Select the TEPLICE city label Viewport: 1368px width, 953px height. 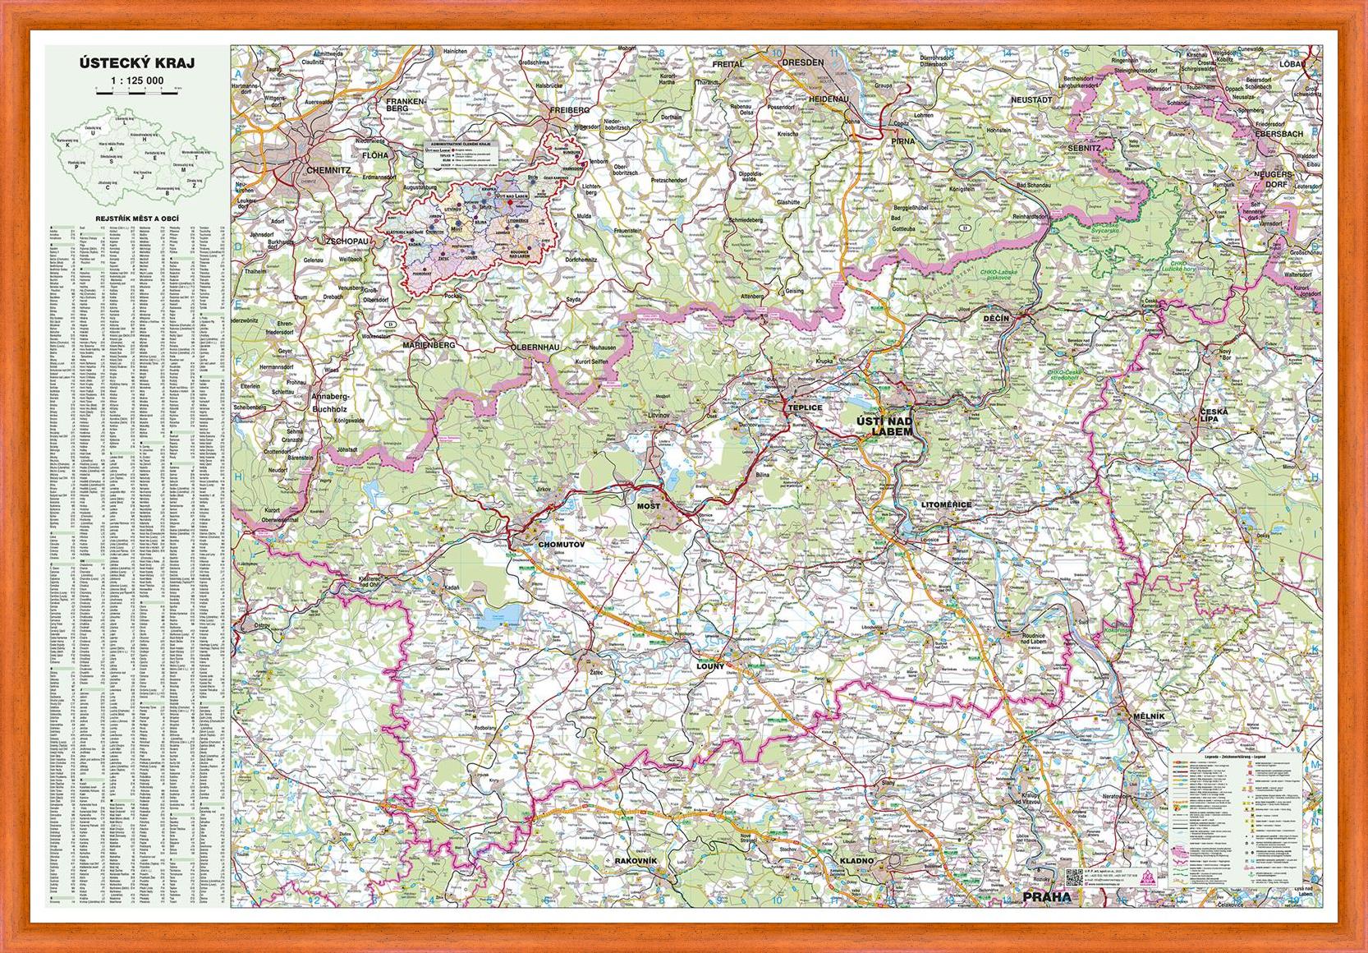point(804,407)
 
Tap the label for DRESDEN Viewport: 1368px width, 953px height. point(802,62)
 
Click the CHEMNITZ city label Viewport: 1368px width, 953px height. point(327,170)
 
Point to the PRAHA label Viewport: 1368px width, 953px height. point(1047,896)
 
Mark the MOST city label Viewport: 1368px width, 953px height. point(649,506)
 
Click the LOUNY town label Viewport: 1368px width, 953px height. point(710,666)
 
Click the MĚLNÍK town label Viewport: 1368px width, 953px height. point(1147,717)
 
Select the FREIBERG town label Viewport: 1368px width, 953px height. point(570,109)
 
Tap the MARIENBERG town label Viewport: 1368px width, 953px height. point(428,346)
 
